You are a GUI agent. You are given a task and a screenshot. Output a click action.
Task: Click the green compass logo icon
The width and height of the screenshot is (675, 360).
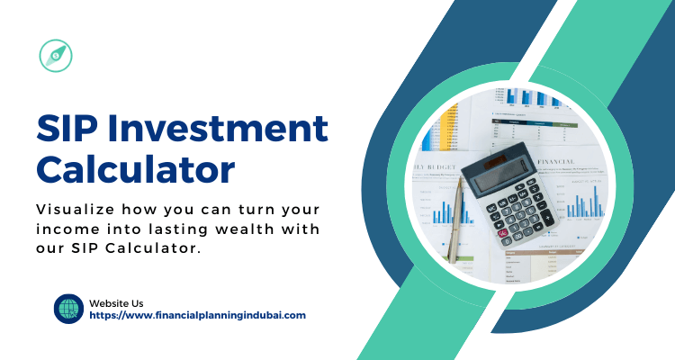56,56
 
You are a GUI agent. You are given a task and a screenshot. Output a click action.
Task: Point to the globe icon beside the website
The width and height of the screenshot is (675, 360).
68,309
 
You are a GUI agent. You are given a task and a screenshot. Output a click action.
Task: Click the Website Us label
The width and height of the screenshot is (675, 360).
116,303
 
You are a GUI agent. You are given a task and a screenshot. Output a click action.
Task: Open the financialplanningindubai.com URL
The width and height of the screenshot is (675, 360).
198,315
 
